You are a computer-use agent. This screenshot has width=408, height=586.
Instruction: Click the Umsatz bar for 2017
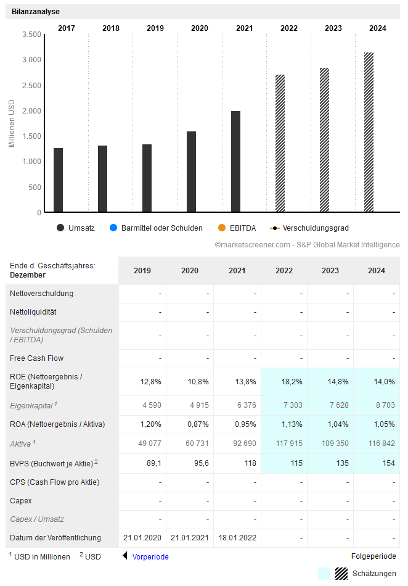tap(58, 180)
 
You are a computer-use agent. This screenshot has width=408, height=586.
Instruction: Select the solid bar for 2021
tap(235, 162)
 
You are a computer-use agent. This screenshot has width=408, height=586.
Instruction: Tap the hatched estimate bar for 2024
tap(369, 132)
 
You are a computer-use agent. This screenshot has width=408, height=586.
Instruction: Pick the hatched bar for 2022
tap(280, 143)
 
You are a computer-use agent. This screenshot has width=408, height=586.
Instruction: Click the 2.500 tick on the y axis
tap(31, 85)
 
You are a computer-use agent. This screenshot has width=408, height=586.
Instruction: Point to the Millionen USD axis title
tap(12, 123)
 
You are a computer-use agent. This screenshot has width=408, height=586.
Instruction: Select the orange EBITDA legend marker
tap(221, 228)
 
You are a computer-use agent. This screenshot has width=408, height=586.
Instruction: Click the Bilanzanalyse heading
tap(36, 12)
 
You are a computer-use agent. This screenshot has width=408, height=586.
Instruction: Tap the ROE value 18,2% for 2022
tap(292, 382)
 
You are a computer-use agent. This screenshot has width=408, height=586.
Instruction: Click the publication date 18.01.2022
tap(237, 538)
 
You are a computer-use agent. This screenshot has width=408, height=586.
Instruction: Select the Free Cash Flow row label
tap(36, 358)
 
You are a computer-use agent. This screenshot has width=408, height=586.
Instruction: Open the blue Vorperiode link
tap(150, 556)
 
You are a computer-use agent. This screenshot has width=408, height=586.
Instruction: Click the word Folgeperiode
tap(373, 556)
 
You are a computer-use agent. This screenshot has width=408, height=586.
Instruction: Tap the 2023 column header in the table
tap(330, 271)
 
